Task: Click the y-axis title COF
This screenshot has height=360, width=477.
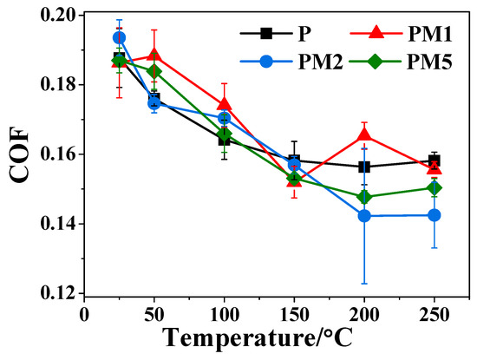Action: (x=19, y=156)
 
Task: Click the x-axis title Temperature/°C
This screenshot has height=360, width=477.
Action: (x=276, y=340)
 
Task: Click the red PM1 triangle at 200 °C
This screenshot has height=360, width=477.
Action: (x=364, y=134)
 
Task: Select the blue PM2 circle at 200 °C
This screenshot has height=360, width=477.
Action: (x=364, y=215)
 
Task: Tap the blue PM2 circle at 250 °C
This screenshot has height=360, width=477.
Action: (x=435, y=214)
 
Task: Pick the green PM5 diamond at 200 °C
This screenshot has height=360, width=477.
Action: (x=364, y=197)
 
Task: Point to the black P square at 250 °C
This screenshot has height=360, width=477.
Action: (x=435, y=160)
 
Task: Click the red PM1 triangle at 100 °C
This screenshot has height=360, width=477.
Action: (x=224, y=104)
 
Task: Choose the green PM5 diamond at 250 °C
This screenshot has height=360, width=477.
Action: (x=435, y=187)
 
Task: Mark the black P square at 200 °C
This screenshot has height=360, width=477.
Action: (x=364, y=167)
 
